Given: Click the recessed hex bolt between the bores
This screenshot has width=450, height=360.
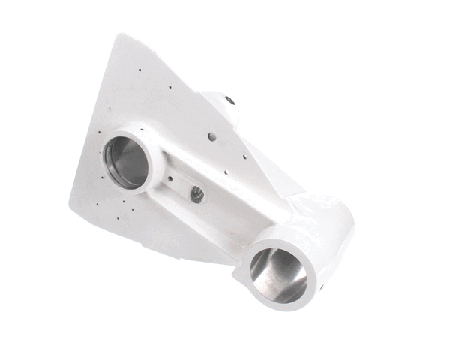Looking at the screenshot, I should click(x=197, y=194).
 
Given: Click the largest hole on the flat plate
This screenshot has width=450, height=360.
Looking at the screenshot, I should click(x=212, y=136).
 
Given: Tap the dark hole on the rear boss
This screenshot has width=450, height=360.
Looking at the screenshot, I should click(x=229, y=100).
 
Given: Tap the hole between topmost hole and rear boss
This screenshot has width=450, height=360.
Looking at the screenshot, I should click(x=172, y=86).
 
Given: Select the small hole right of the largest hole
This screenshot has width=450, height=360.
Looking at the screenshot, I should click(x=244, y=157).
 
